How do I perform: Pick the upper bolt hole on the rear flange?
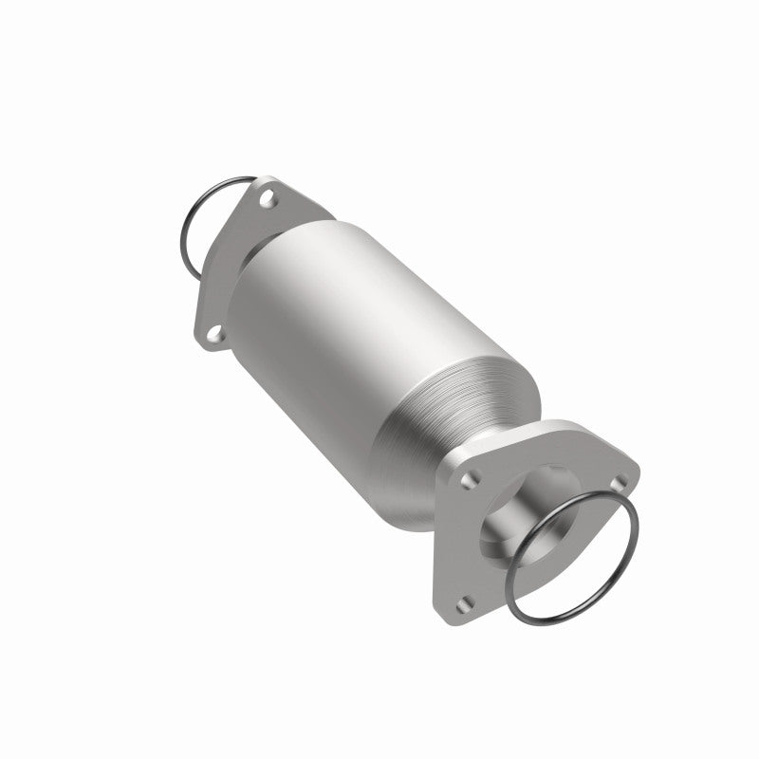(x=268, y=200)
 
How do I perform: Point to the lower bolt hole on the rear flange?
(x=214, y=333)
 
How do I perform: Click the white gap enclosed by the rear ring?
(x=204, y=223)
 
